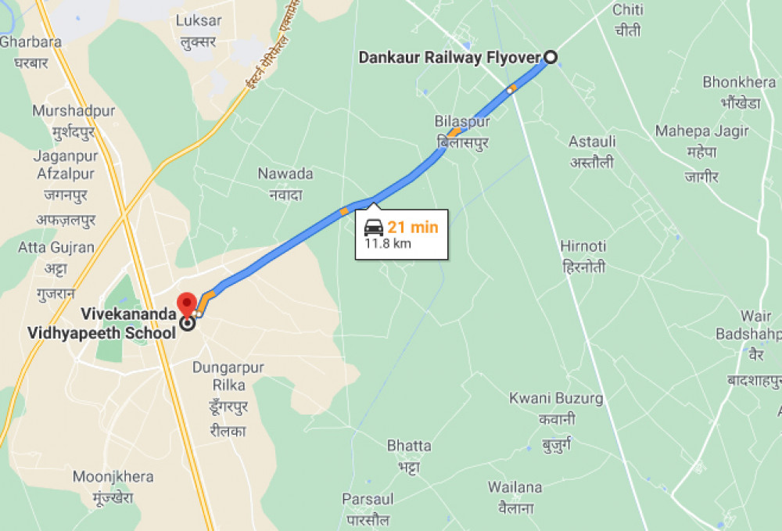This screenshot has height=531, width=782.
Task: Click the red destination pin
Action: pyautogui.click(x=187, y=303)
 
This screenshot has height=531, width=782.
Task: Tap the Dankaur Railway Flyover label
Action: pyautogui.click(x=450, y=57)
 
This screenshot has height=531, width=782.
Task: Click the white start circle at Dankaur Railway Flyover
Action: pyautogui.click(x=551, y=56)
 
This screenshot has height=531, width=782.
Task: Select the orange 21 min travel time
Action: pyautogui.click(x=413, y=228)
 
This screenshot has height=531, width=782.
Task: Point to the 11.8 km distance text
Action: pyautogui.click(x=388, y=243)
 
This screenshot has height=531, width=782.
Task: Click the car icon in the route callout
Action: pyautogui.click(x=374, y=228)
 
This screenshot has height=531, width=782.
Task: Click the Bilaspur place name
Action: pyautogui.click(x=462, y=122)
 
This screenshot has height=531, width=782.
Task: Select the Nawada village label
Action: pyautogui.click(x=285, y=174)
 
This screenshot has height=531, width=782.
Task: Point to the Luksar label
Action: pyautogui.click(x=199, y=21)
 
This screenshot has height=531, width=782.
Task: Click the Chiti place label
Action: pyautogui.click(x=627, y=10)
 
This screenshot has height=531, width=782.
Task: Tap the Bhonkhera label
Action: pyautogui.click(x=739, y=82)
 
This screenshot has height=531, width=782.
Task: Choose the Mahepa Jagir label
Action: pyautogui.click(x=701, y=131)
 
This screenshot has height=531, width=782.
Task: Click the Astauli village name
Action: pyautogui.click(x=591, y=142)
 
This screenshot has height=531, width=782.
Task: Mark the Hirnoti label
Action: pyautogui.click(x=583, y=246)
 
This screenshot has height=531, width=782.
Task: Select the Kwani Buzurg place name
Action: pyautogui.click(x=556, y=398)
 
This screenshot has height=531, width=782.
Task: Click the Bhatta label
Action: pyautogui.click(x=409, y=446)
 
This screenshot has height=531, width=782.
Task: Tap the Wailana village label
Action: pyautogui.click(x=515, y=487)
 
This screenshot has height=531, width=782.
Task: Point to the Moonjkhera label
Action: pyautogui.click(x=113, y=476)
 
